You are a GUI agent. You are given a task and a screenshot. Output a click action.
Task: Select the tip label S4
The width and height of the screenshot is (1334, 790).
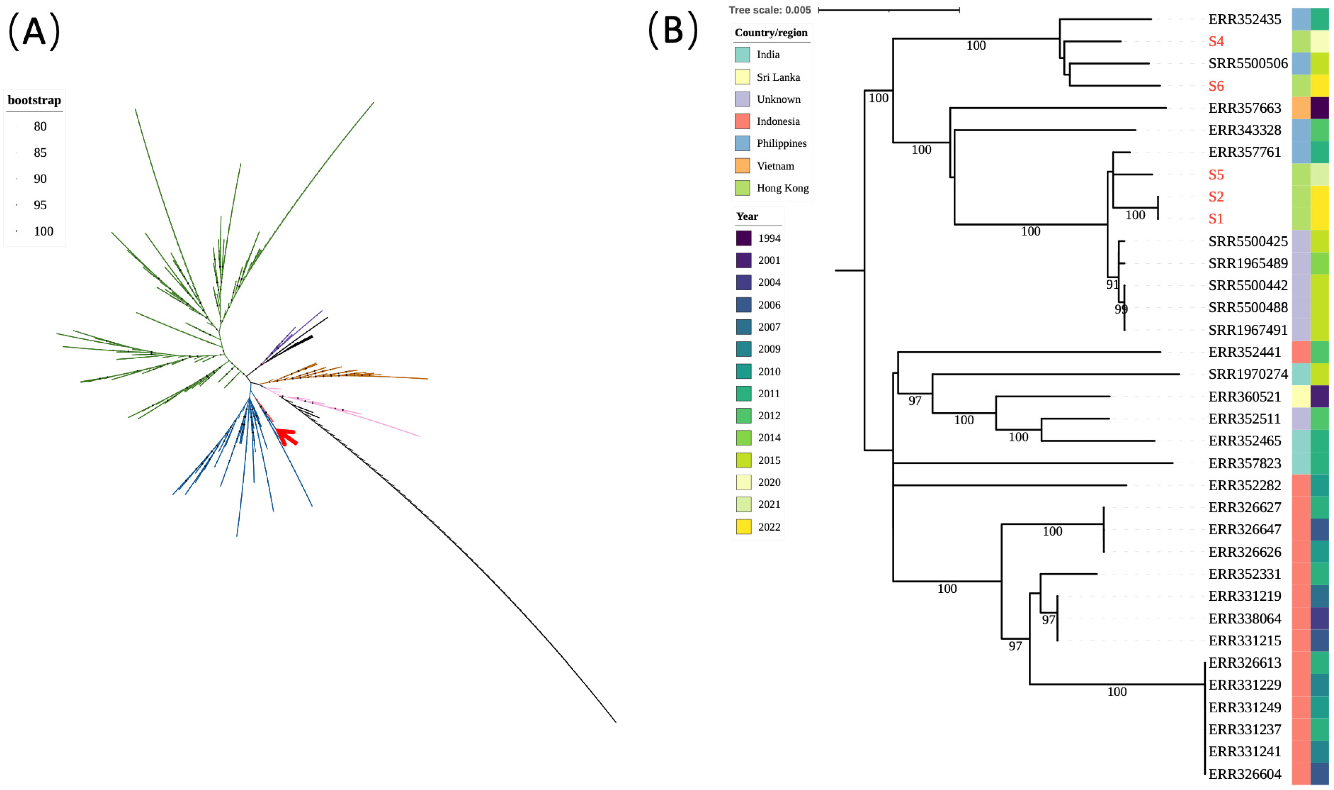(x=1216, y=42)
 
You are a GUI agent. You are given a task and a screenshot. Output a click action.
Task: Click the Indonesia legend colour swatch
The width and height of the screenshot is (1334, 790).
(x=742, y=121)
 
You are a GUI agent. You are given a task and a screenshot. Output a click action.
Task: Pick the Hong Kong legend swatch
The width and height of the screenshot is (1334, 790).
(x=742, y=188)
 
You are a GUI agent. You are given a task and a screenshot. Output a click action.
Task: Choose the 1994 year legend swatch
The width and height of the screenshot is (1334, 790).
(x=743, y=238)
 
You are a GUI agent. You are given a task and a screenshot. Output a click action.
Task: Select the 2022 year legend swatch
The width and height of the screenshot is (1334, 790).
(x=743, y=526)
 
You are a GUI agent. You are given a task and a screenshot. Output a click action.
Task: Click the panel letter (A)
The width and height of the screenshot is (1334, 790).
(x=34, y=32)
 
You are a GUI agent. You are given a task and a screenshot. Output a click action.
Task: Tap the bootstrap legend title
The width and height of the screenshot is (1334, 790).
(x=34, y=100)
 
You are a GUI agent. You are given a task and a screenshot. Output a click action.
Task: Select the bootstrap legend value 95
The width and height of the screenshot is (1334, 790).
(x=40, y=205)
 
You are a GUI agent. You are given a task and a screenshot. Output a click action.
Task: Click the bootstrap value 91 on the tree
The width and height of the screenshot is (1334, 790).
(x=1112, y=285)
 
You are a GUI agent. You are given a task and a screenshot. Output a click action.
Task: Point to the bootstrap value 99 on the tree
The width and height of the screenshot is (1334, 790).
(x=1121, y=309)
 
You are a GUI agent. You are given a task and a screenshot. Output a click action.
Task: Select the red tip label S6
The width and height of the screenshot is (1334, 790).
(x=1216, y=86)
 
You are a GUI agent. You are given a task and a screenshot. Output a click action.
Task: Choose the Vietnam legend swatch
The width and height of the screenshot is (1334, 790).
(x=742, y=165)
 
